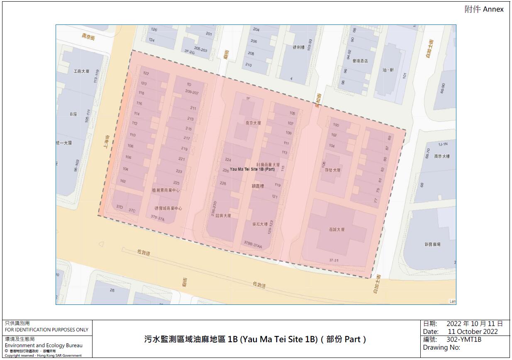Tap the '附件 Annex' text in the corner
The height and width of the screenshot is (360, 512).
click(484, 10)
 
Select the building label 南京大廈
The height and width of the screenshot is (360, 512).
click(253, 123)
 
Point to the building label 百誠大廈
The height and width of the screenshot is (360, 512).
click(337, 229)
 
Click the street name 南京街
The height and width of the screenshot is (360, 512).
click(88, 36)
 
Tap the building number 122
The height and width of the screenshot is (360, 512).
click(146, 73)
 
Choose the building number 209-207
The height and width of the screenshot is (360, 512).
click(193, 92)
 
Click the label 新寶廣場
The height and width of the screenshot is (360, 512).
click(432, 245)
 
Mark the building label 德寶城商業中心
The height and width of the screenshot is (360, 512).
click(168, 208)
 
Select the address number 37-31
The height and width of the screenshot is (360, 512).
click(334, 260)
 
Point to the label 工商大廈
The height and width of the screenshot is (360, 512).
click(81, 71)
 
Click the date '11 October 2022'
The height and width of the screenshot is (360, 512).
click(473, 332)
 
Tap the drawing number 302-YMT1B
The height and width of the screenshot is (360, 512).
click(464, 339)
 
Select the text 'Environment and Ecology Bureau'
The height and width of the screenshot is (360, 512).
click(44, 345)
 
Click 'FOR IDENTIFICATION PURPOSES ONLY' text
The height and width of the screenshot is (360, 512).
click(46, 330)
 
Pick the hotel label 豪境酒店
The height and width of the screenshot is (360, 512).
click(360, 61)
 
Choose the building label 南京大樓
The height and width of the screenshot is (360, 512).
click(442, 156)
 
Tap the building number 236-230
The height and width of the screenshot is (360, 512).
click(214, 209)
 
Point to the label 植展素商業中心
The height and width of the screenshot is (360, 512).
click(166, 190)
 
